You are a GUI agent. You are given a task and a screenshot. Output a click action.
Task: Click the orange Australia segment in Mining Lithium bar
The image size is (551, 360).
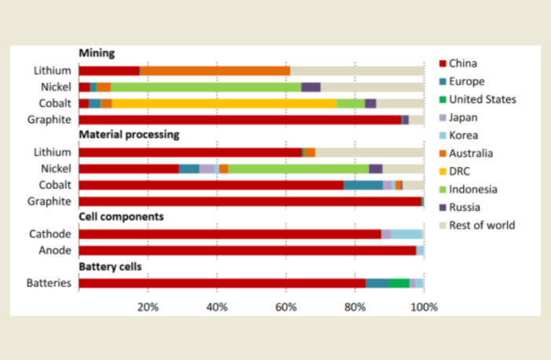point(214,71)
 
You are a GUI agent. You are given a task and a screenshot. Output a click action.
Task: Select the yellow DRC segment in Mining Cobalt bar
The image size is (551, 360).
point(224,104)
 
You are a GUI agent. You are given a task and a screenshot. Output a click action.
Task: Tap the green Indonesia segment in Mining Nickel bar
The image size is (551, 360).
point(206,87)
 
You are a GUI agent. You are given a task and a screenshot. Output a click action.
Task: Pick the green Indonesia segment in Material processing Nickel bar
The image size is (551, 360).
point(298,169)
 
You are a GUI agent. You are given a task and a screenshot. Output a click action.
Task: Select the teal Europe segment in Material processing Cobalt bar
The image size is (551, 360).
point(363,185)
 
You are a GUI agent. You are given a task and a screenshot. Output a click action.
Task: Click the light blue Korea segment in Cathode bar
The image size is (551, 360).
point(406,234)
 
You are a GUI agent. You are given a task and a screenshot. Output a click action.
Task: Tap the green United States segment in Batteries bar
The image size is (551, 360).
point(399,283)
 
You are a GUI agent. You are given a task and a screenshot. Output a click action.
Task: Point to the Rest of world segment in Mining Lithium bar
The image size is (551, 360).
point(357,71)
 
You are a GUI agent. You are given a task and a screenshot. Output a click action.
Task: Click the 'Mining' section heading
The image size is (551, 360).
point(97,53)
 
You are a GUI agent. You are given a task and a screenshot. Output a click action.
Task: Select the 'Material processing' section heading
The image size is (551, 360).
point(129,135)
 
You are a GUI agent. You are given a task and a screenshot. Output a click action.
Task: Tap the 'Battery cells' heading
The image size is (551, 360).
point(110,267)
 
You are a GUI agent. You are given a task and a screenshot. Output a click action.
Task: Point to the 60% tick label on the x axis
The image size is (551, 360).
point(286,306)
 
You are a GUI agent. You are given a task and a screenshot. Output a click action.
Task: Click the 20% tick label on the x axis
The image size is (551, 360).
point(148,306)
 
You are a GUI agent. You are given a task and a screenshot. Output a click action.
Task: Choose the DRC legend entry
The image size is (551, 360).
point(471,171)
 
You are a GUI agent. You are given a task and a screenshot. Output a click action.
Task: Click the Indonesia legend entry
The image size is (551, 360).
point(481,189)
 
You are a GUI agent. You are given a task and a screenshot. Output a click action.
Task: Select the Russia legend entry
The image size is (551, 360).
point(474,207)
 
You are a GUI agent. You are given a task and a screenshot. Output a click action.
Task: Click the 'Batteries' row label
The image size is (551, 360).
point(53,283)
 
